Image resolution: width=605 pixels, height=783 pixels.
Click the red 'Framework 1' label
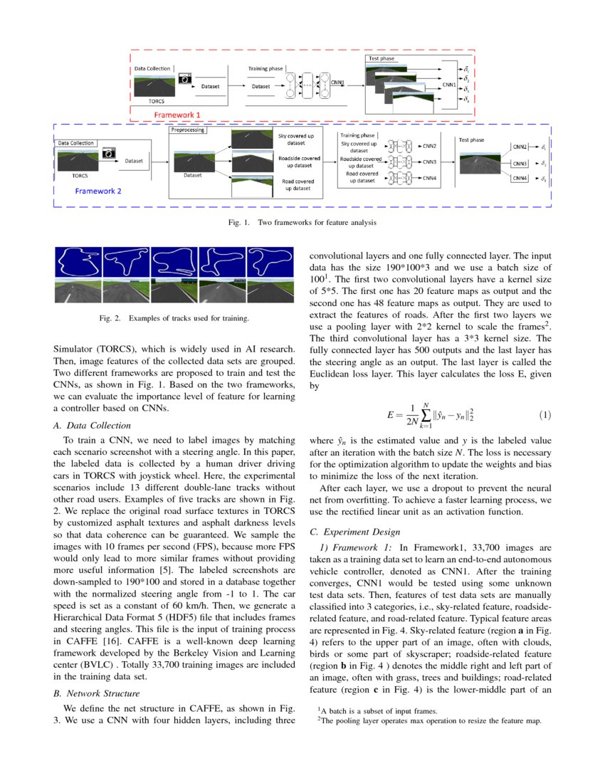coord(178,113)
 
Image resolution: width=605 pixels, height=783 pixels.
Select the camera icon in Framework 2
coord(109,152)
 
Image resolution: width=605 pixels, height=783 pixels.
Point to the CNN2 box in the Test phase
coord(520,147)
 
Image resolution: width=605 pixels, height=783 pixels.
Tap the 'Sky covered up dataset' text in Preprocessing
coord(290,139)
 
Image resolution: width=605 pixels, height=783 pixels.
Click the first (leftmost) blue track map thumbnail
coord(78,263)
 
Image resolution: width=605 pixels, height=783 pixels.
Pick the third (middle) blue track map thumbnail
coord(175,263)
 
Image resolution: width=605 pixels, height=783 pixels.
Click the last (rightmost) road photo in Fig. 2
coord(270,292)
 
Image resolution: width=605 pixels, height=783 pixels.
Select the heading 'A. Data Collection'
coord(83,426)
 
